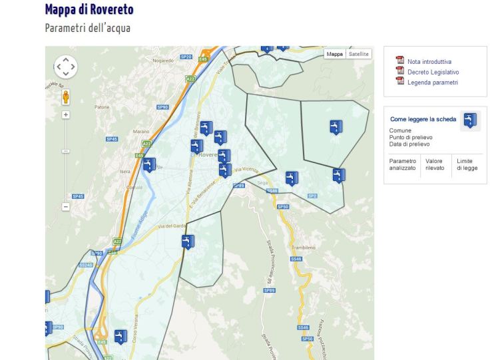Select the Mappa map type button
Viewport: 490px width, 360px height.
click(334, 54)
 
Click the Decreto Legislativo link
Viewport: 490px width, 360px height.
click(433, 72)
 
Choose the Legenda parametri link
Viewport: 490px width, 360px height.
click(432, 82)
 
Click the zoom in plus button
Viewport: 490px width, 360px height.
click(65, 114)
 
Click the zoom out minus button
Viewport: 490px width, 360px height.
click(65, 206)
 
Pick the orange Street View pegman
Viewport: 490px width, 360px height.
click(65, 97)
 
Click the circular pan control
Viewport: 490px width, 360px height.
click(65, 67)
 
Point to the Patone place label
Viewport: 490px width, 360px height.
click(102, 106)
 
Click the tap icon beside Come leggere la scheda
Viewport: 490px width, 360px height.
click(471, 120)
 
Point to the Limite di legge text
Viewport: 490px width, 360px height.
click(466, 164)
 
